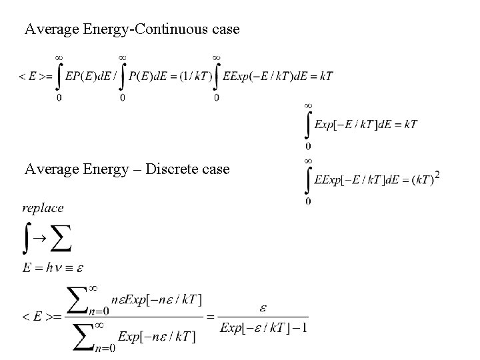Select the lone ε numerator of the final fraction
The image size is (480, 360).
coord(263,309)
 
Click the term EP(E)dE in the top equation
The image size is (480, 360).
coord(88,77)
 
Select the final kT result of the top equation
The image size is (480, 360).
coord(326,76)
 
